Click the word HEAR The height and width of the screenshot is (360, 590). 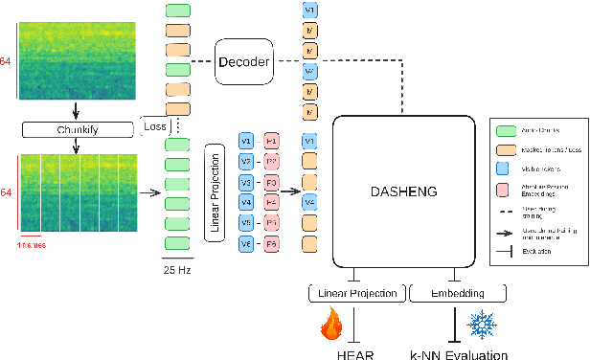(x=355, y=353)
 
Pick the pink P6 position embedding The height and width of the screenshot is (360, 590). (x=272, y=245)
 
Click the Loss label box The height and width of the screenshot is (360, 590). (x=154, y=126)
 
